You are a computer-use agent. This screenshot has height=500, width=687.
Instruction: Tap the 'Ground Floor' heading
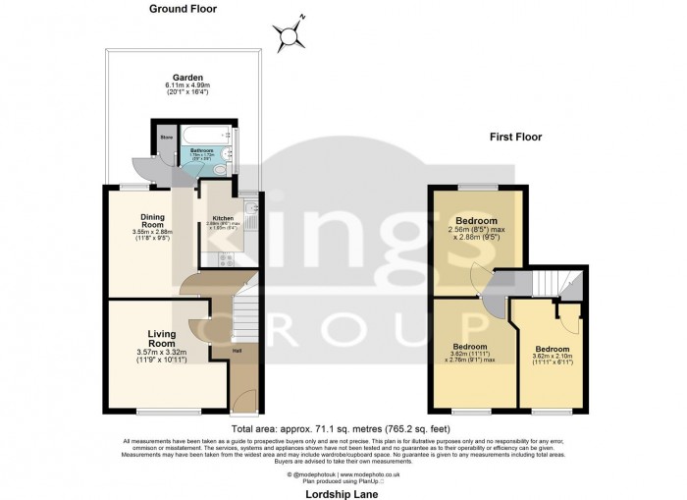[x=184, y=9]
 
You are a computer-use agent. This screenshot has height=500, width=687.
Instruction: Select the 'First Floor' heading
[x=515, y=137]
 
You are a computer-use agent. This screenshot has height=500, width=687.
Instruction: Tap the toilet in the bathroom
[x=220, y=170]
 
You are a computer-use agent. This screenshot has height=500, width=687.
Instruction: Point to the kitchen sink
[x=251, y=209]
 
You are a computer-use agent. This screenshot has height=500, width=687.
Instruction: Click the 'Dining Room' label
[x=151, y=221]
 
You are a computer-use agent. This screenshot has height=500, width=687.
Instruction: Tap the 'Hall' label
[x=236, y=348]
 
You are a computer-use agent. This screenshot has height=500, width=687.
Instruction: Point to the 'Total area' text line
[x=343, y=429]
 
